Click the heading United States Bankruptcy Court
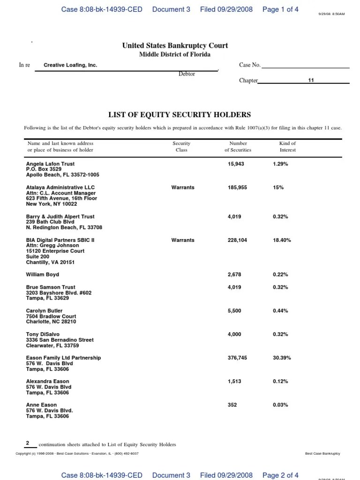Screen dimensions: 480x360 [175, 45]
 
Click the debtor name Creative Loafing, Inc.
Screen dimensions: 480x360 [70, 65]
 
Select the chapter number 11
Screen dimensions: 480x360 [310, 80]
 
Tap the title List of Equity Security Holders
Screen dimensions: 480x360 [180, 114]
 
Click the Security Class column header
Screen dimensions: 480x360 [181, 146]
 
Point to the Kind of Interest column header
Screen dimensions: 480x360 [287, 146]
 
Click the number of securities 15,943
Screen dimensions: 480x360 [236, 164]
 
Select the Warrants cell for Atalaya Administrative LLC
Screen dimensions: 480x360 [182, 187]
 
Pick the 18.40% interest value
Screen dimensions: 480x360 [282, 240]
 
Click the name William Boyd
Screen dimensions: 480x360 [43, 275]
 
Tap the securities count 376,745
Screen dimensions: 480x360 [237, 358]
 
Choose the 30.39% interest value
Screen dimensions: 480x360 [282, 358]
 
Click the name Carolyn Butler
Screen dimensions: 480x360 [44, 311]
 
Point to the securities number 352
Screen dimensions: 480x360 [232, 405]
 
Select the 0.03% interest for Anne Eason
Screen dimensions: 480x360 [280, 405]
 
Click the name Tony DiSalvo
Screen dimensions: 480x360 [43, 334]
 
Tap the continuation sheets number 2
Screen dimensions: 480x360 [28, 443]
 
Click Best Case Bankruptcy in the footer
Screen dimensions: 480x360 [322, 454]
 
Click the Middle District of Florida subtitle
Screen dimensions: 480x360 [175, 54]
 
